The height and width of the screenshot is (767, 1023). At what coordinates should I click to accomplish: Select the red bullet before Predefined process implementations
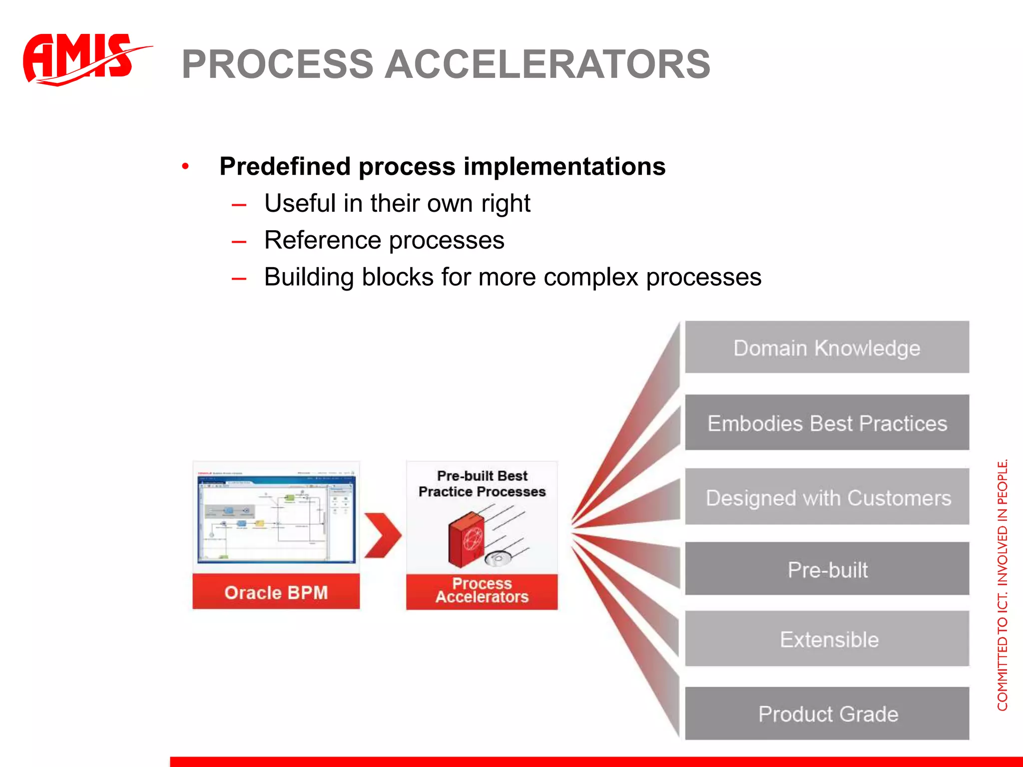click(185, 166)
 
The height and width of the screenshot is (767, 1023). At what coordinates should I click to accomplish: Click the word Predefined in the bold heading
click(285, 166)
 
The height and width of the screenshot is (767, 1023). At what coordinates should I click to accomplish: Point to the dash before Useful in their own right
click(239, 205)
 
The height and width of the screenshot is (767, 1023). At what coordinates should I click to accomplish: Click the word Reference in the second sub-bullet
click(322, 240)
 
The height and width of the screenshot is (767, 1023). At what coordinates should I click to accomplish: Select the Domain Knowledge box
click(827, 348)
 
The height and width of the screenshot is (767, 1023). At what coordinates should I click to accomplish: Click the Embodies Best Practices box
click(827, 423)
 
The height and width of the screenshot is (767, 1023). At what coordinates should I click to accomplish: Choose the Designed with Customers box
click(827, 497)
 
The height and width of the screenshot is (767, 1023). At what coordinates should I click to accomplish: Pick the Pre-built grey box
click(827, 569)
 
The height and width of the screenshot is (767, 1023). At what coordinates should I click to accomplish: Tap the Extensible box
click(827, 639)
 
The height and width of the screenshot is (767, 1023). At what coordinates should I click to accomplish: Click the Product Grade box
click(827, 714)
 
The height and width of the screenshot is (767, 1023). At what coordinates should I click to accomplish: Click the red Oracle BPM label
click(276, 592)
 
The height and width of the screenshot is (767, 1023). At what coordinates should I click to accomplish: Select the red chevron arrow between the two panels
click(382, 535)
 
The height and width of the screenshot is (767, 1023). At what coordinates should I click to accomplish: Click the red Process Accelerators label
click(482, 591)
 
